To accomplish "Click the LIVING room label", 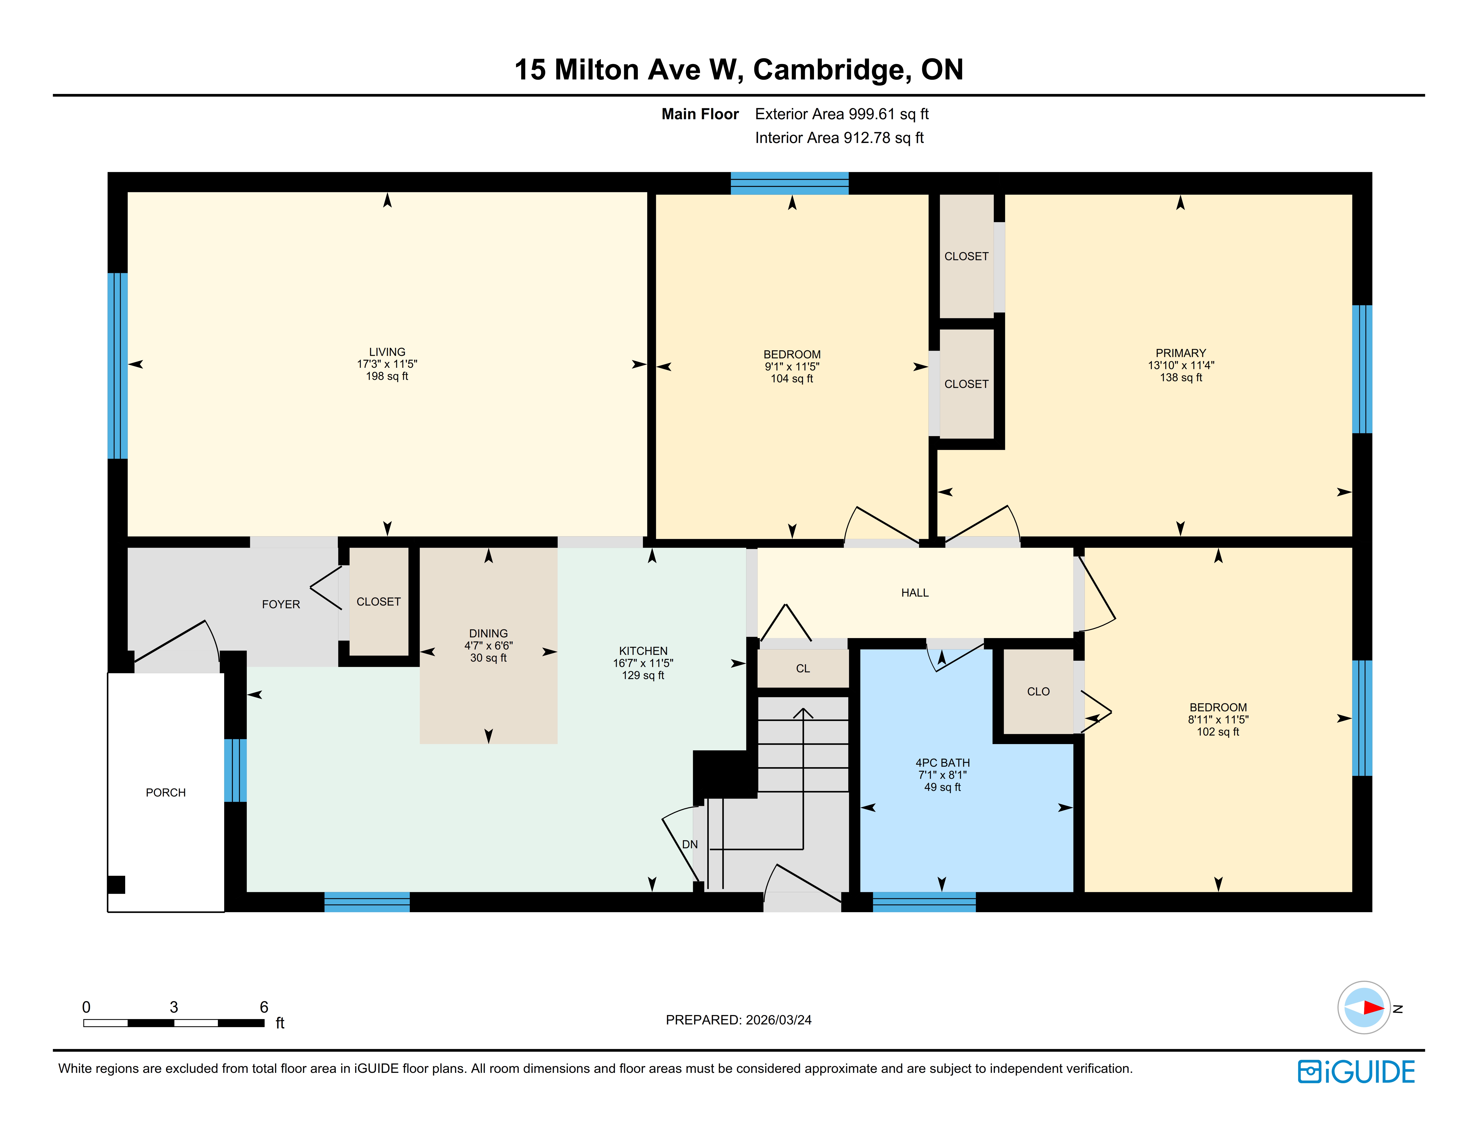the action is coord(387,352).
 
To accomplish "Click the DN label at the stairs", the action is coord(690,844).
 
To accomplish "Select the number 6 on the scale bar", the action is coord(264,1007).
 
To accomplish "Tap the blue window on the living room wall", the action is coord(118,366).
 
